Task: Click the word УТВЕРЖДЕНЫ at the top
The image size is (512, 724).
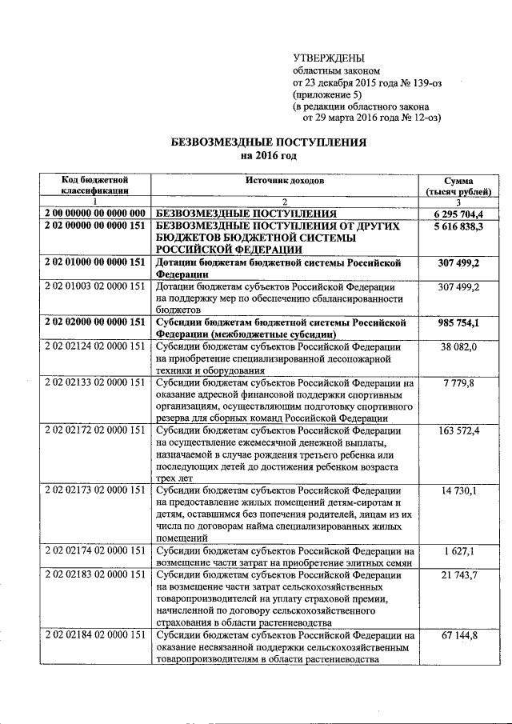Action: pyautogui.click(x=328, y=58)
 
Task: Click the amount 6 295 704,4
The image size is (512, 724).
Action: pyautogui.click(x=459, y=214)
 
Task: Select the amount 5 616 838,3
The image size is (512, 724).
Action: pyautogui.click(x=459, y=227)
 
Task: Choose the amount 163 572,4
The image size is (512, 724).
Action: pyautogui.click(x=459, y=431)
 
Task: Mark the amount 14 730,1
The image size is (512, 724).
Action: pyautogui.click(x=461, y=490)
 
